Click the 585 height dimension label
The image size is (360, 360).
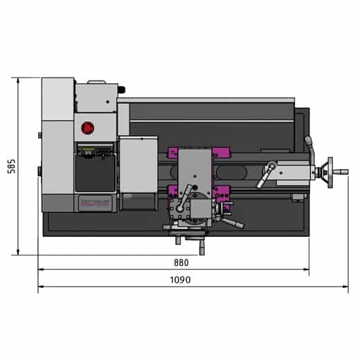point(12,167)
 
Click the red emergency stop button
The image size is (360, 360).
point(88,127)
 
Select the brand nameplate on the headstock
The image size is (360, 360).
point(95,201)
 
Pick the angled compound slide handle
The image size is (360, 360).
point(233,224)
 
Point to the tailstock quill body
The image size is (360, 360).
point(294,170)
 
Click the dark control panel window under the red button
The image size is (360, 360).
point(95,173)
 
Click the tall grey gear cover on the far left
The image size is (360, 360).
point(57,145)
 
